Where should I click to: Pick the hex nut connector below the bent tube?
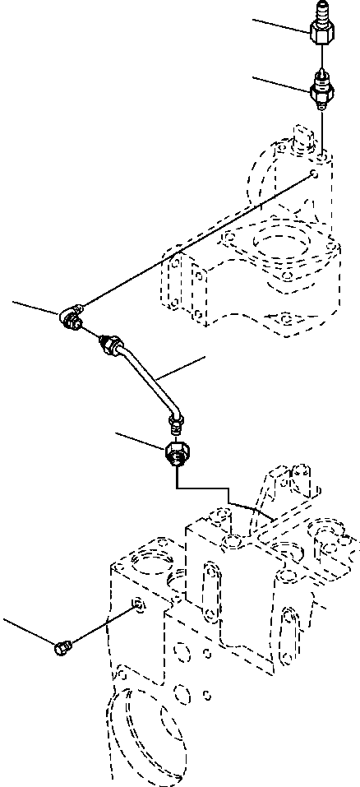177,455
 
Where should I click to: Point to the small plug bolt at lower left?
62,650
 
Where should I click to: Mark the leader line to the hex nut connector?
140,440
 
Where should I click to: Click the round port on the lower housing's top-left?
147,567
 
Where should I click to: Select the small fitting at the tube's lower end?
174,424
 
